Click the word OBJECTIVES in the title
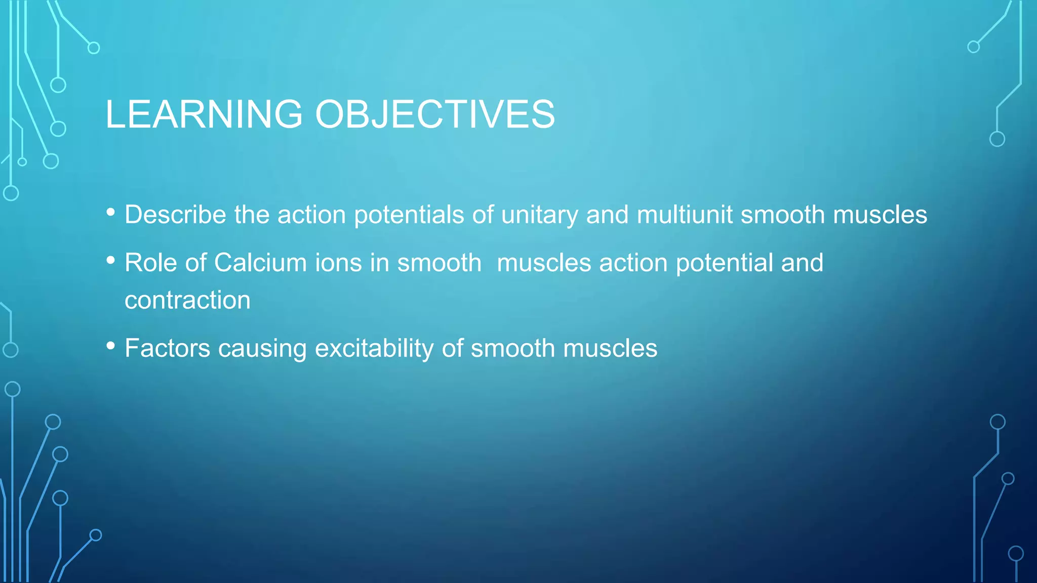[435, 114]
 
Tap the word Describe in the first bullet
[175, 215]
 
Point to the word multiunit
[684, 215]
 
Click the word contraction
[187, 300]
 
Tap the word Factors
[167, 348]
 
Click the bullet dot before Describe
[111, 213]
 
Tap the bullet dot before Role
[111, 261]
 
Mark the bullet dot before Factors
[111, 346]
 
